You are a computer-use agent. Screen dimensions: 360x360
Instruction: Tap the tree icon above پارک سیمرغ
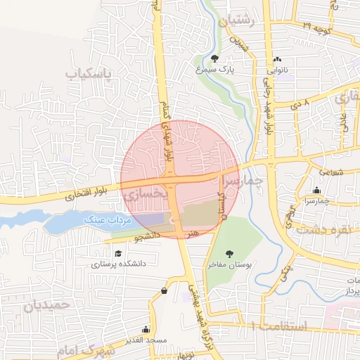click(215, 58)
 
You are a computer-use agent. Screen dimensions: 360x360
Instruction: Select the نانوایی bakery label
click(275, 70)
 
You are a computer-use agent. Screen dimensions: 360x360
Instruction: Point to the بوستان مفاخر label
click(229, 265)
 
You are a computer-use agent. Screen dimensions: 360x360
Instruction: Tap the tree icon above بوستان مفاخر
click(229, 253)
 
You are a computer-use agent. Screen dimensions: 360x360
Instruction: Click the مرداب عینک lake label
click(108, 220)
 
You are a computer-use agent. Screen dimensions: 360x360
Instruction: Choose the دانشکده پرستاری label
click(118, 264)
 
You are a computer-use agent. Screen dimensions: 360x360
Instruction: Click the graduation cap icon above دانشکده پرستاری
click(118, 253)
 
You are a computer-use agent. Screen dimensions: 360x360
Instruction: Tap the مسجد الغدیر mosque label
click(146, 340)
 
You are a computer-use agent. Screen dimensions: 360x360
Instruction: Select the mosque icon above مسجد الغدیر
click(146, 329)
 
